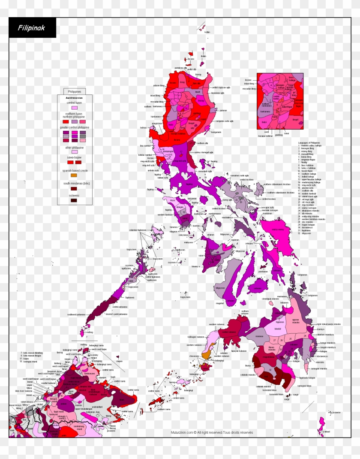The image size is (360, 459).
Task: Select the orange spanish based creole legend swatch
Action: tap(74, 175)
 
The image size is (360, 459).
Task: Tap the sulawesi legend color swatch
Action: tap(74, 200)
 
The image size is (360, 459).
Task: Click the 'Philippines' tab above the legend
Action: tap(75, 91)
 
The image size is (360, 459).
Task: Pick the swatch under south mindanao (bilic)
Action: tap(74, 188)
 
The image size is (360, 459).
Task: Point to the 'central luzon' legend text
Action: tap(74, 103)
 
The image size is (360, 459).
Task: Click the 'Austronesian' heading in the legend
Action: tap(74, 97)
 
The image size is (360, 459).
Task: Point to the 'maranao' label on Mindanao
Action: tap(259, 336)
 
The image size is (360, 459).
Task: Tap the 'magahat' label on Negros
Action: tap(220, 303)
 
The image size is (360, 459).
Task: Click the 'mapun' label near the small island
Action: tap(120, 355)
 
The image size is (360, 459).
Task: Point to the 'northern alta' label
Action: tap(202, 143)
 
